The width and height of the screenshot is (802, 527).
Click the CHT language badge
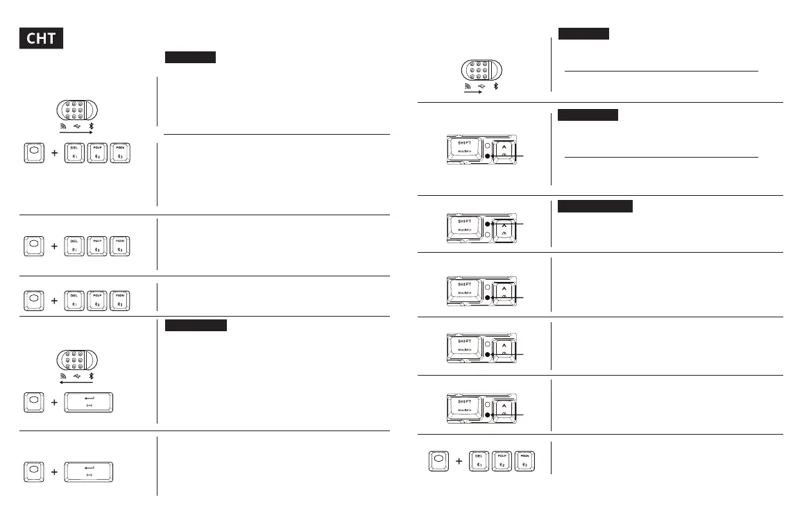[41, 38]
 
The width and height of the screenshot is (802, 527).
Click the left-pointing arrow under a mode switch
[76, 380]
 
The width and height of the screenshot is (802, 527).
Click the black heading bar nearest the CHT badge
[190, 56]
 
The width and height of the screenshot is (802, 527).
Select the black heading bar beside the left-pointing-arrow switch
[196, 326]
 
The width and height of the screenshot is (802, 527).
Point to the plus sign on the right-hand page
[459, 461]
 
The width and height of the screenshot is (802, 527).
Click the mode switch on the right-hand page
[481, 72]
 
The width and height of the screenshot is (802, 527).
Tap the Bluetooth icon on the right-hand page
[496, 87]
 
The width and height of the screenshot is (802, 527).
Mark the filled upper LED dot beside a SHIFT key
[488, 224]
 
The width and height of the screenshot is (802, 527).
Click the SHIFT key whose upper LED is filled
[465, 228]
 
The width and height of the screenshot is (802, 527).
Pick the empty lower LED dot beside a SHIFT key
[488, 235]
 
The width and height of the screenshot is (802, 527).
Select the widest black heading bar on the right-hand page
[595, 206]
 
